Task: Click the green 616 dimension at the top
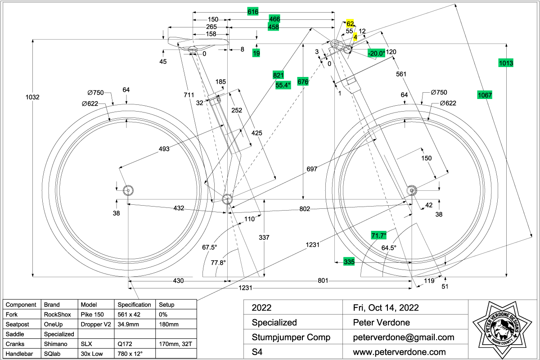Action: (x=253, y=12)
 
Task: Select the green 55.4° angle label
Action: (x=283, y=84)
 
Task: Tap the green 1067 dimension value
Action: (x=485, y=95)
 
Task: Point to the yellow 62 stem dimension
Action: (x=350, y=24)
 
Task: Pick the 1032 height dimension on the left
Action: (x=32, y=97)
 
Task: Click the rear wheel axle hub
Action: (x=128, y=190)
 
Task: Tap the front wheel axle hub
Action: (x=411, y=190)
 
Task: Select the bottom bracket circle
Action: (x=227, y=199)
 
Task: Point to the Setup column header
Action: (x=166, y=305)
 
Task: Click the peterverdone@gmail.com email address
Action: (x=404, y=337)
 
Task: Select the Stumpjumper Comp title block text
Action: (x=291, y=337)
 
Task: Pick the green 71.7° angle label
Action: (x=379, y=235)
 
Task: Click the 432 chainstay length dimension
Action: (x=179, y=208)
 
